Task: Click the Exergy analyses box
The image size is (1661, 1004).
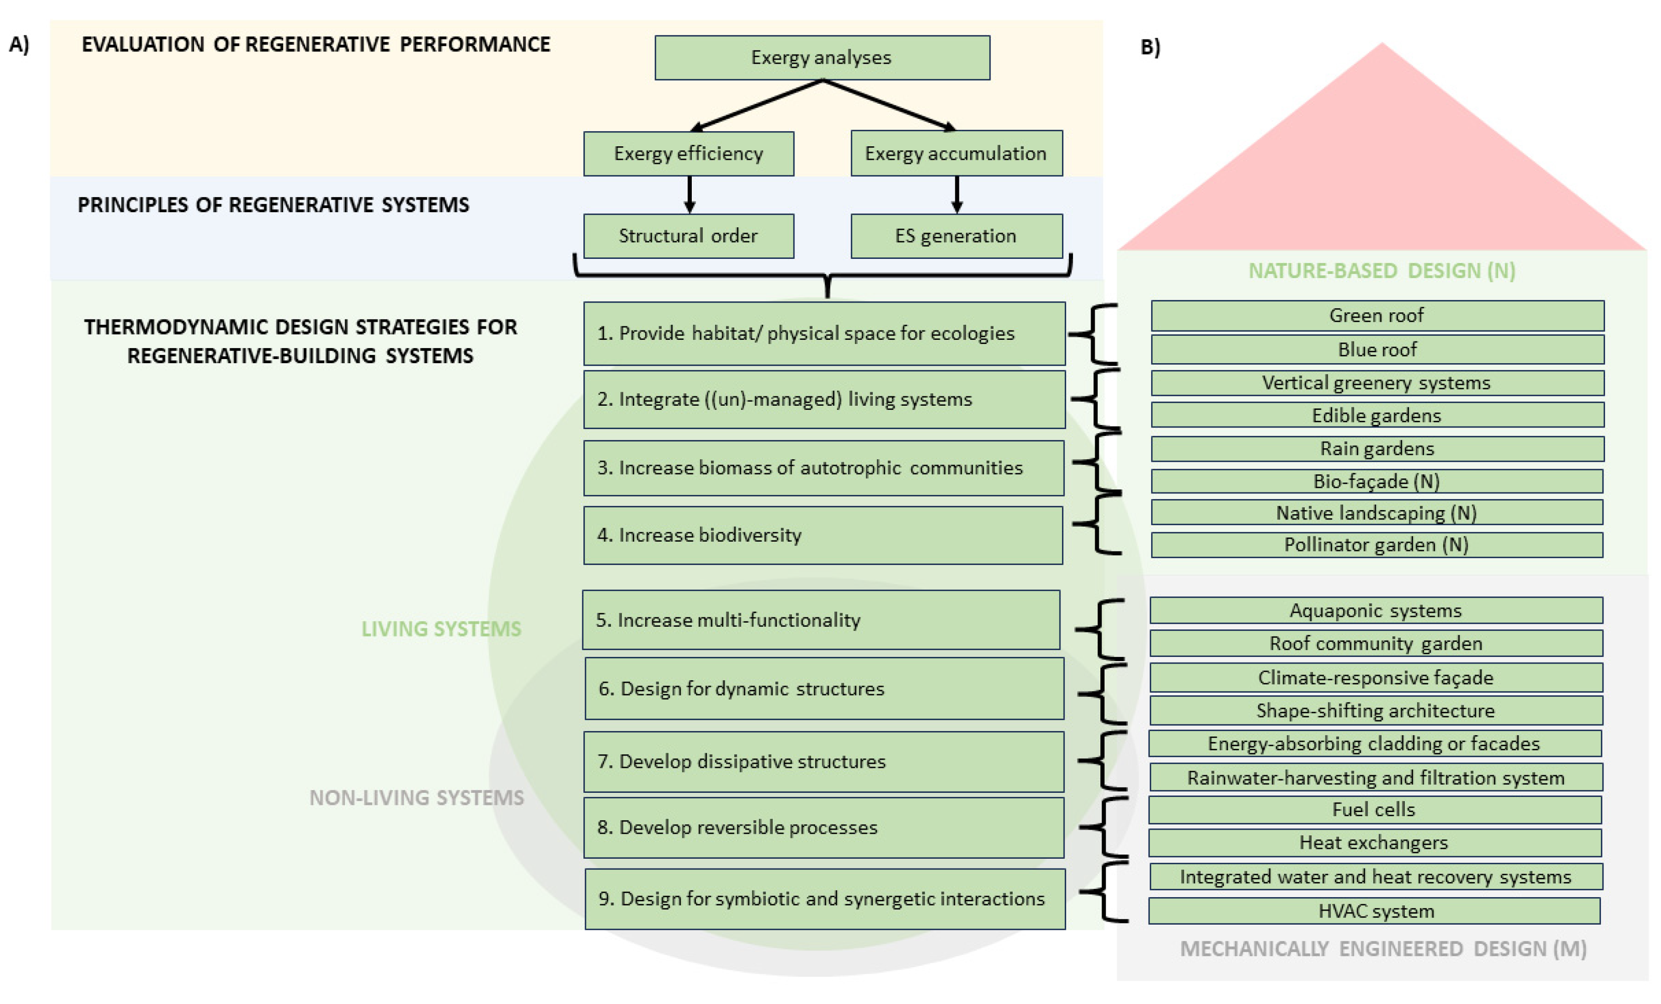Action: click(x=822, y=58)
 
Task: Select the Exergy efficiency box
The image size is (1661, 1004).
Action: click(x=688, y=154)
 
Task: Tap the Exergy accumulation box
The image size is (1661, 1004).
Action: click(x=957, y=154)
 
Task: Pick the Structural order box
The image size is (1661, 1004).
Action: click(x=688, y=236)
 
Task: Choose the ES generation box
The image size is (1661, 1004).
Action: click(x=957, y=236)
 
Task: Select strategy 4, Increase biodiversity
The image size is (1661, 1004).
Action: click(x=823, y=535)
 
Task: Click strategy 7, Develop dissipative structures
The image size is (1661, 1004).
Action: click(x=824, y=762)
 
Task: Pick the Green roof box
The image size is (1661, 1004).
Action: click(x=1377, y=315)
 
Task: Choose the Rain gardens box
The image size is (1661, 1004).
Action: click(x=1377, y=449)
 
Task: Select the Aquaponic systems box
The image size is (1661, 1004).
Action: click(x=1376, y=610)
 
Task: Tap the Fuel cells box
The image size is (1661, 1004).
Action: click(x=1375, y=810)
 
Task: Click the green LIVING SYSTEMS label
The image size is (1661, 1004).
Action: click(x=441, y=629)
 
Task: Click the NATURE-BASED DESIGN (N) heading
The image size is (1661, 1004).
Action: click(x=1382, y=270)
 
